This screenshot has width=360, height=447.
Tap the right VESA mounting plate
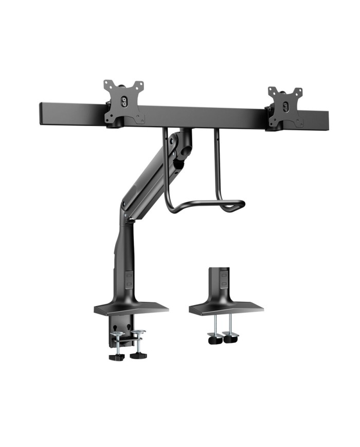tap(284, 108)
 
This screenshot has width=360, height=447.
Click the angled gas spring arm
tap(149, 177)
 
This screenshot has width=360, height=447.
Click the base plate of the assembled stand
tap(131, 309)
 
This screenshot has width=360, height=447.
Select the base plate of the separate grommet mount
tap(226, 308)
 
